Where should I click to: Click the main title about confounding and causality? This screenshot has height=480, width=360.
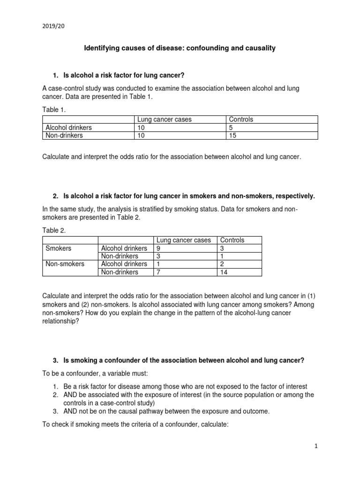(x=180, y=48)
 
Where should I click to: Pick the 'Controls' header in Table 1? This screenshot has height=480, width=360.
(x=241, y=120)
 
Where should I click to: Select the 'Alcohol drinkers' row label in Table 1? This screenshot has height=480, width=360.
(x=68, y=127)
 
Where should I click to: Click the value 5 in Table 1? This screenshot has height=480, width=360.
(x=231, y=127)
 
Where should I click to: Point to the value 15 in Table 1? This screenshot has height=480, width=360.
(x=233, y=135)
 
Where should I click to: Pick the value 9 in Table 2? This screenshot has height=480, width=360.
(x=158, y=248)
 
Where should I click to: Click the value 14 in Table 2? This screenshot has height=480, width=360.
(x=224, y=272)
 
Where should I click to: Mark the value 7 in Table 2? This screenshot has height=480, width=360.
(x=158, y=272)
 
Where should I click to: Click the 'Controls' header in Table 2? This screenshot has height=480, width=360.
(x=232, y=240)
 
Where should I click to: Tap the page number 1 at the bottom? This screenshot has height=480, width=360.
(x=316, y=447)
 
